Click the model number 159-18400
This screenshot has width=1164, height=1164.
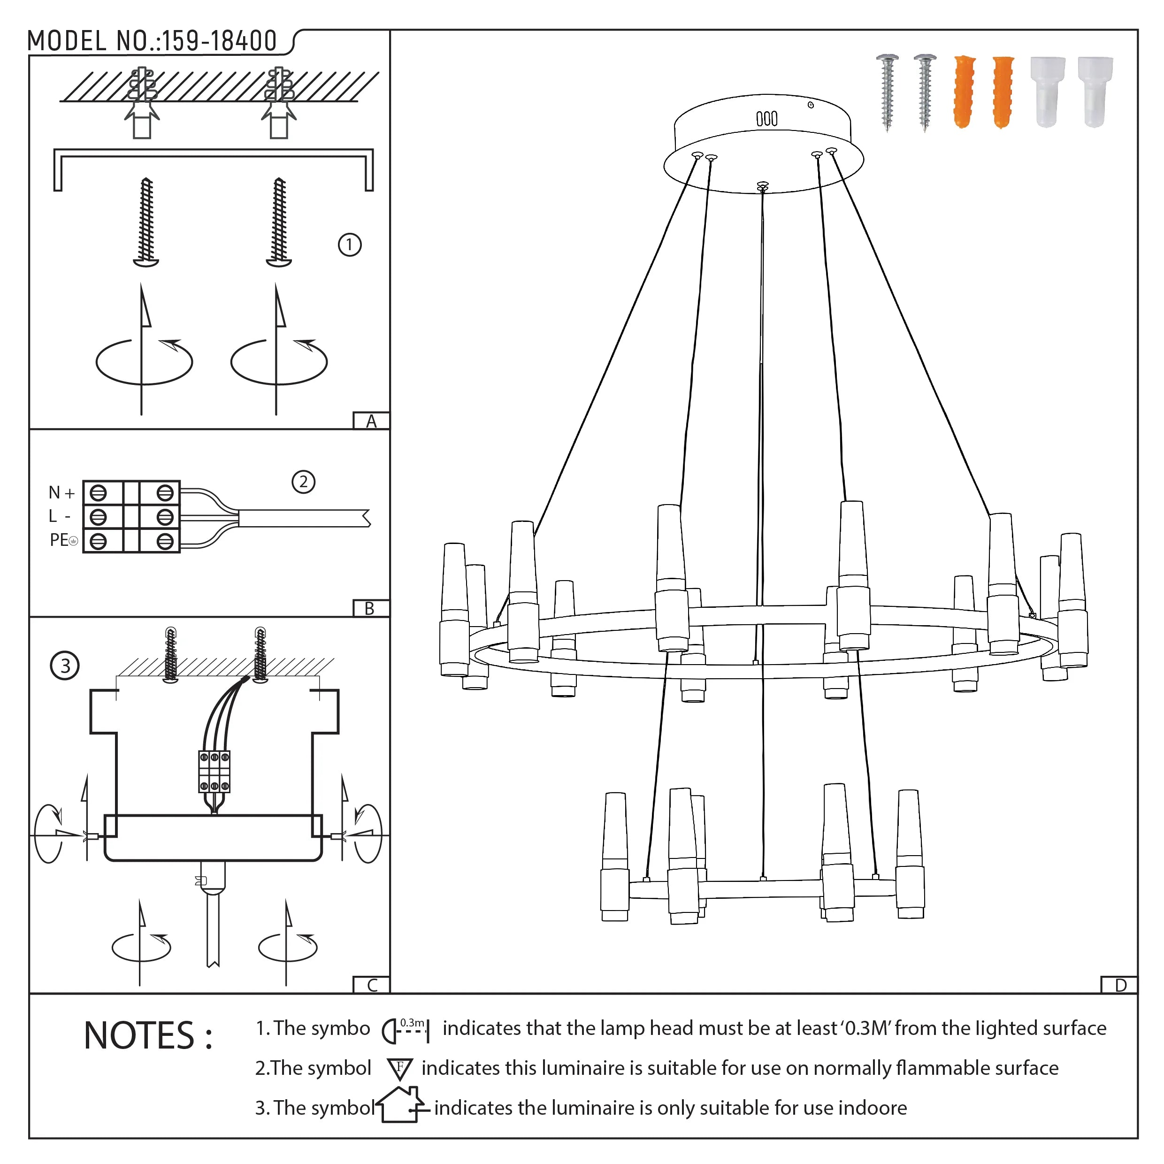tap(219, 41)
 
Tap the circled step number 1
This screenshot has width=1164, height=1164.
tap(350, 245)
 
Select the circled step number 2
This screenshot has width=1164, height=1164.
tap(303, 482)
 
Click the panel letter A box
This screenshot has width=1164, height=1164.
tap(371, 421)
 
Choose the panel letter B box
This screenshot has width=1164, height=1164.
tap(370, 608)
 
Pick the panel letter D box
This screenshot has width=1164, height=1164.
tap(1120, 985)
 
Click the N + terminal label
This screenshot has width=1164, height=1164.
tap(61, 493)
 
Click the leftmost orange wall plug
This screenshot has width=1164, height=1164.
tap(964, 92)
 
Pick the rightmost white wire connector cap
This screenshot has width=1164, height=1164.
tap(1095, 92)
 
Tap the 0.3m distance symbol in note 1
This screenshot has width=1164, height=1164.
tap(406, 1030)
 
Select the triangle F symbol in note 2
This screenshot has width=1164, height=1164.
tap(399, 1069)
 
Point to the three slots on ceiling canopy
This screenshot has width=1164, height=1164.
tap(766, 119)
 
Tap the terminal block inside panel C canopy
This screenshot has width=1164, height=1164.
tap(214, 771)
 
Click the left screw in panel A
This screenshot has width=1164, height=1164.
tap(146, 222)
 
